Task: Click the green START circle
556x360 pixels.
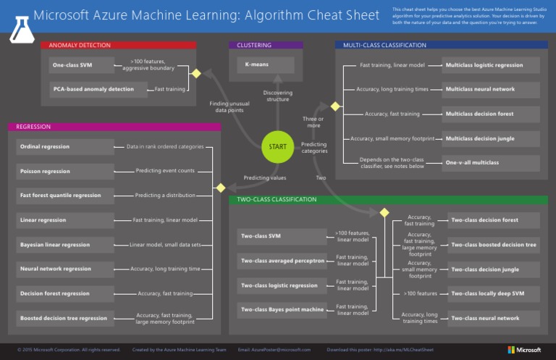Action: (x=278, y=146)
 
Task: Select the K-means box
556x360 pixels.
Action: (x=265, y=65)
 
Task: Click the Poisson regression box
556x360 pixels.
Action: (x=65, y=172)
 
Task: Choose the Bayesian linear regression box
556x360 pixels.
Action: (x=65, y=245)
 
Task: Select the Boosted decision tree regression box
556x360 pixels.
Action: (x=65, y=318)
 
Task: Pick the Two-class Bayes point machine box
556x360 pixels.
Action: (x=283, y=310)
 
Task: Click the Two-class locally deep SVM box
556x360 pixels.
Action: (x=493, y=293)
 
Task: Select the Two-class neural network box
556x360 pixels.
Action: (x=493, y=318)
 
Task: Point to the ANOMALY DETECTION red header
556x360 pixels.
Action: (x=119, y=45)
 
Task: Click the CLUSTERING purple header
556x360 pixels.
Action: (x=266, y=45)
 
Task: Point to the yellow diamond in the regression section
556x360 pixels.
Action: (x=221, y=188)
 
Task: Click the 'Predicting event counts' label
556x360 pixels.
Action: (x=165, y=171)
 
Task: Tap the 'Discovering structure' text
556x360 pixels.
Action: (x=277, y=96)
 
